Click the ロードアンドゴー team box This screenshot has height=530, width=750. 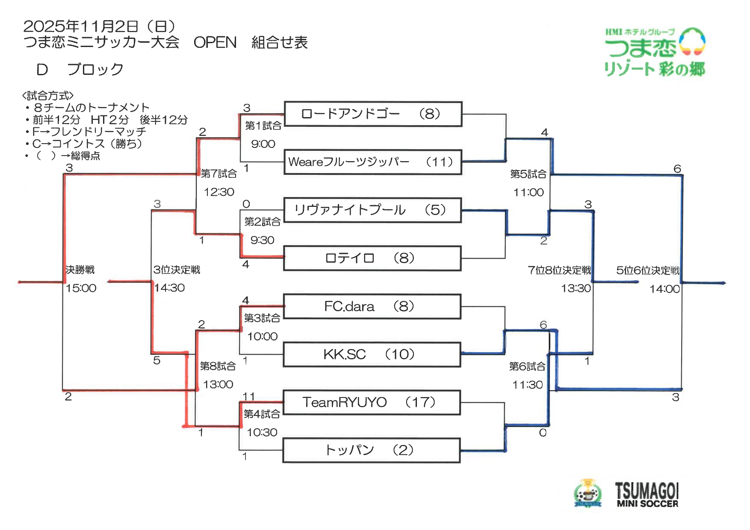[373, 114]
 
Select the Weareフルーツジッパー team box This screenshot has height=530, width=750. [373, 162]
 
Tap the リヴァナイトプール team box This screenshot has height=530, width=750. [372, 210]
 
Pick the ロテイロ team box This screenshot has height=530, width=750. [372, 258]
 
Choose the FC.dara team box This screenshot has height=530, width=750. [372, 306]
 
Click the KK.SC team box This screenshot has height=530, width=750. [372, 354]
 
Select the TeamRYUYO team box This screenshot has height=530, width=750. [372, 402]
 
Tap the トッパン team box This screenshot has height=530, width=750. [371, 450]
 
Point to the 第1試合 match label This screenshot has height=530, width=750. [263, 126]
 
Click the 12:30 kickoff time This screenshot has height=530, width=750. [219, 192]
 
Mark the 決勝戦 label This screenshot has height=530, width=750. [80, 270]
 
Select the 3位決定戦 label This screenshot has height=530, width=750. [177, 270]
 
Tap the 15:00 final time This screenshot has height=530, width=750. [81, 288]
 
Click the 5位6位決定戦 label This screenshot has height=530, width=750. [648, 270]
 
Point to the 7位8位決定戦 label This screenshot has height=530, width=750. [559, 270]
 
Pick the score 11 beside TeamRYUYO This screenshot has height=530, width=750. [248, 396]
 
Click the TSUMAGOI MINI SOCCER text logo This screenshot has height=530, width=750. [647, 495]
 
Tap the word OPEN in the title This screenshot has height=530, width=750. [215, 42]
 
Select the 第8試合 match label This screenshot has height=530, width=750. [218, 366]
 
